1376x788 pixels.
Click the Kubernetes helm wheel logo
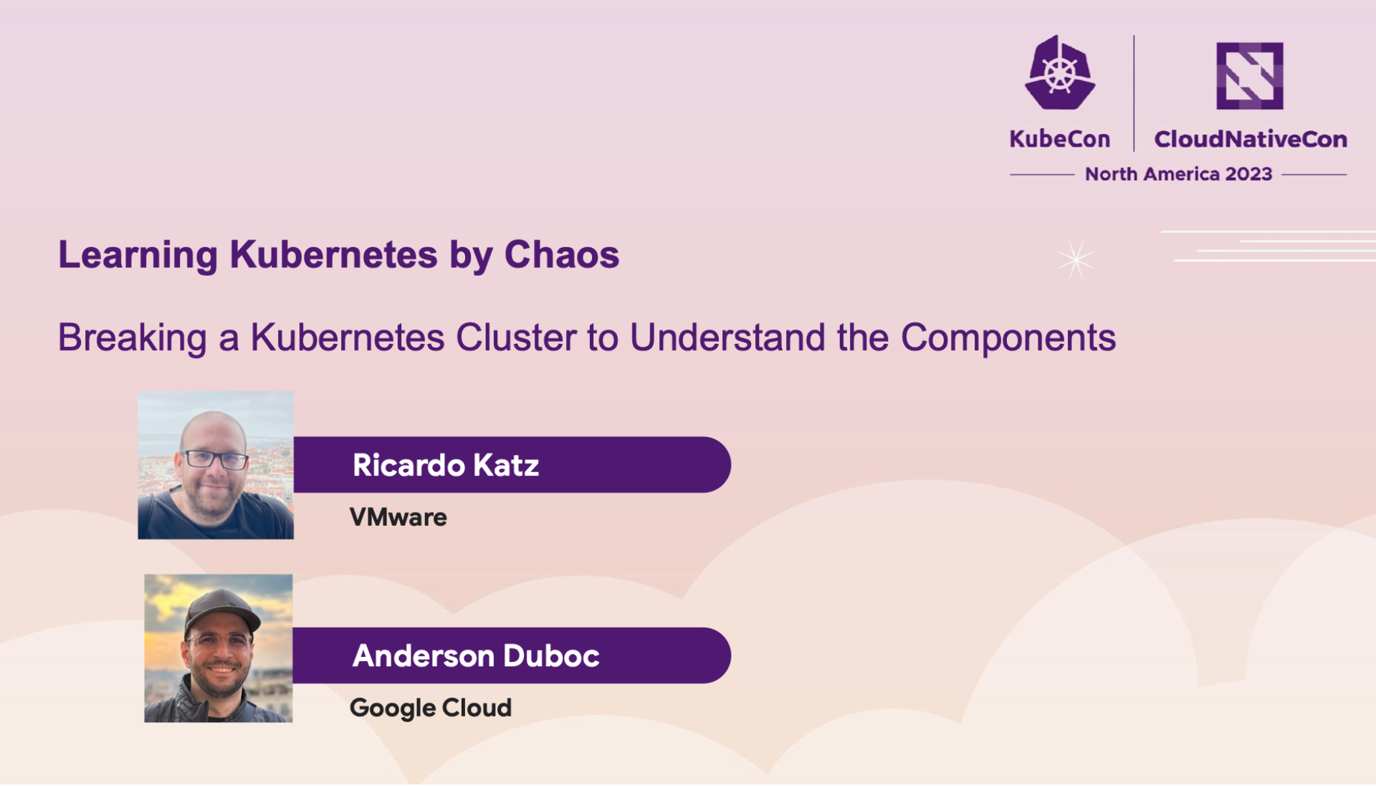click(x=1060, y=72)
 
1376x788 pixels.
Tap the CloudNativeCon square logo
click(x=1250, y=75)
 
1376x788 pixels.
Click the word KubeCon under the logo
click(x=1060, y=139)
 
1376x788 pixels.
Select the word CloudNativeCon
click(x=1251, y=139)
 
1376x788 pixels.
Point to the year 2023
click(x=1248, y=174)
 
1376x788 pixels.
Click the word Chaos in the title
click(x=562, y=255)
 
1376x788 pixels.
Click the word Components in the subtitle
click(x=1008, y=338)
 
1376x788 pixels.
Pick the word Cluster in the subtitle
click(x=516, y=337)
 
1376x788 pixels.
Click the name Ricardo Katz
click(x=446, y=466)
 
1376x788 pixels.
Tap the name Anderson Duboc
click(x=476, y=656)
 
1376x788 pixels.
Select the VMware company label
click(x=398, y=517)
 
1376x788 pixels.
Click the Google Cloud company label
click(x=431, y=708)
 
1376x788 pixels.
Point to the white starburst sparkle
click(x=1076, y=259)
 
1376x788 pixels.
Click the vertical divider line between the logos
click(x=1134, y=93)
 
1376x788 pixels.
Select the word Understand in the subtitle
click(x=727, y=337)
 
